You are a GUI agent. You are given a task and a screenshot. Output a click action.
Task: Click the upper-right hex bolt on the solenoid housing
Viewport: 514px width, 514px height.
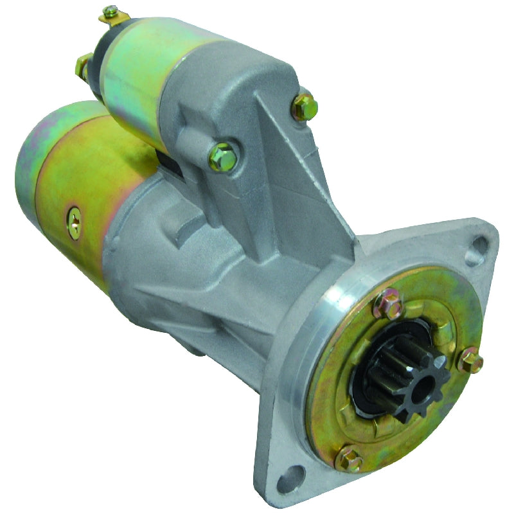(305, 107)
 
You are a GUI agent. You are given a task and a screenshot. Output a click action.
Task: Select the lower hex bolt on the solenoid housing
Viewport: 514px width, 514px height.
(222, 156)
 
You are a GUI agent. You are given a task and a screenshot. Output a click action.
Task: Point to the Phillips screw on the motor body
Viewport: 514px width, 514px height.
(75, 222)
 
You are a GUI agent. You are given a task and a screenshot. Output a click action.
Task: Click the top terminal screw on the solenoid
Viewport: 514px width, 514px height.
(111, 11)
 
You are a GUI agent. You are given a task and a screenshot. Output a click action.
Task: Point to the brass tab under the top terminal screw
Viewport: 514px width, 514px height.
(116, 19)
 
